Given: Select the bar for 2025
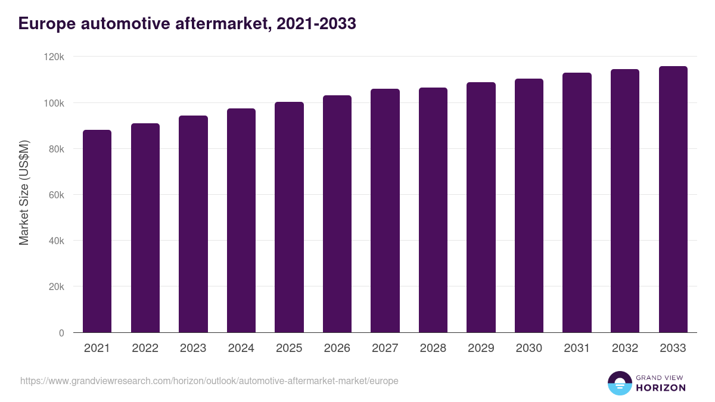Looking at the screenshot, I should coord(289,217).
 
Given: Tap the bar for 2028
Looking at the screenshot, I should coord(433,210).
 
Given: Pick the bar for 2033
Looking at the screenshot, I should coord(673,200).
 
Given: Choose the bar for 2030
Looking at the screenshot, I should coord(529,205).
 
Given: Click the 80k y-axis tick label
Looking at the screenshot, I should coord(57,149).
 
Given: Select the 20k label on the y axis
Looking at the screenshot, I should coord(57,286).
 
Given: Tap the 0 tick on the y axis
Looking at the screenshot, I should coord(61,333).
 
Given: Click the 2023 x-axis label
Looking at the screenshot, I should coord(192,348).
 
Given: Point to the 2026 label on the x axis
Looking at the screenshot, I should coord(337,348).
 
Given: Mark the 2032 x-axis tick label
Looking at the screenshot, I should coord(624,348).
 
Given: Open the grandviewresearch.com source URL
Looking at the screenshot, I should coord(209,381).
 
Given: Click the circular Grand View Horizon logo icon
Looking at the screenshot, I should coord(619,383).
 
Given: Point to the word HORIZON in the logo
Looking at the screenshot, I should coord(661,388).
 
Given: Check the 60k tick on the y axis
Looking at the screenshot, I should coord(57,195).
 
